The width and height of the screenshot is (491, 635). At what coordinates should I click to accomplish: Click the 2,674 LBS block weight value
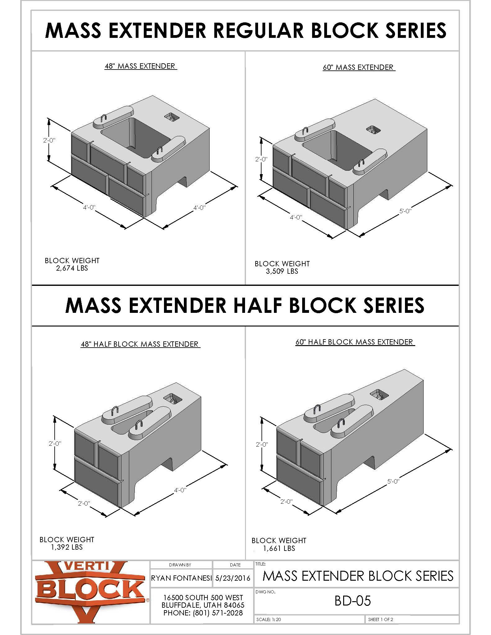[72, 268]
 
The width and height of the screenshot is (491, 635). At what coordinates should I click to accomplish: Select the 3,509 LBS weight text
[282, 271]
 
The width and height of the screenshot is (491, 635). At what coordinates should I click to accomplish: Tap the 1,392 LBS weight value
[67, 547]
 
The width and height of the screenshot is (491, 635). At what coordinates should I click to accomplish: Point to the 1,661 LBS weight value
[279, 548]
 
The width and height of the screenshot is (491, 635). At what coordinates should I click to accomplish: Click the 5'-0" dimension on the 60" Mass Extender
[405, 211]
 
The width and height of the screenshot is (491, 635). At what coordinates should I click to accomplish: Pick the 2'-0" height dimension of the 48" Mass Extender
[49, 140]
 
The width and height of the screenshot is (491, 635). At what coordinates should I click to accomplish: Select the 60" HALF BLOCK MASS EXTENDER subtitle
[355, 342]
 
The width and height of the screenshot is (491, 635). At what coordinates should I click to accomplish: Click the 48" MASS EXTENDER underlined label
[140, 66]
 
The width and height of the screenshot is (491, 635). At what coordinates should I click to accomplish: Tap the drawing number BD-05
[352, 601]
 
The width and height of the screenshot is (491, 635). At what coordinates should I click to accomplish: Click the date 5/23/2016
[233, 578]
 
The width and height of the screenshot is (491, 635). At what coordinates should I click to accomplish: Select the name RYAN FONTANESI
[181, 578]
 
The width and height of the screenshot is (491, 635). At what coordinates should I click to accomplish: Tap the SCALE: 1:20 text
[269, 619]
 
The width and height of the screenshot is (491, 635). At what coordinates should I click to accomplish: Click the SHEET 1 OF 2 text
[380, 619]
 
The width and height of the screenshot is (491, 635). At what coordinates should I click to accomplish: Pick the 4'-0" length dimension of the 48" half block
[180, 490]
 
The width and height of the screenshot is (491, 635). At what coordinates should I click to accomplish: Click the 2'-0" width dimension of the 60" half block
[286, 501]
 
